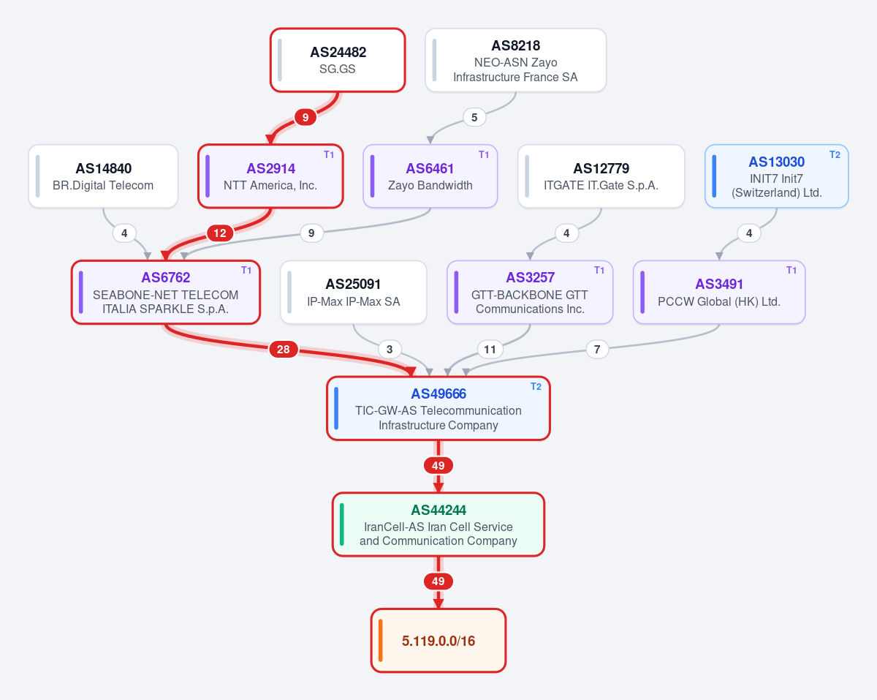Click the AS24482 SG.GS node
point(338,60)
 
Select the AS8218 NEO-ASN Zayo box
point(515,60)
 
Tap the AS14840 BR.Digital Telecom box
point(103,176)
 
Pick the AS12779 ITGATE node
point(601,176)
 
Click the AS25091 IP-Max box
point(353,292)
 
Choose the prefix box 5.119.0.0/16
point(438,641)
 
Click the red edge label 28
point(284,349)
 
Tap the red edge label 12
point(220,233)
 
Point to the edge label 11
point(490,349)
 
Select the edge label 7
point(597,349)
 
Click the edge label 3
point(390,349)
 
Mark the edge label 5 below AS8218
point(474,118)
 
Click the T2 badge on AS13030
point(835,154)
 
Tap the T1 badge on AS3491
point(791,270)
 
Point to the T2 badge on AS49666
point(536,386)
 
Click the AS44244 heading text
point(438,510)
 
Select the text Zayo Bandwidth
point(430,185)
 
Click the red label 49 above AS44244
point(438,465)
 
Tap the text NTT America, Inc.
point(270,185)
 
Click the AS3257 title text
point(530,277)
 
